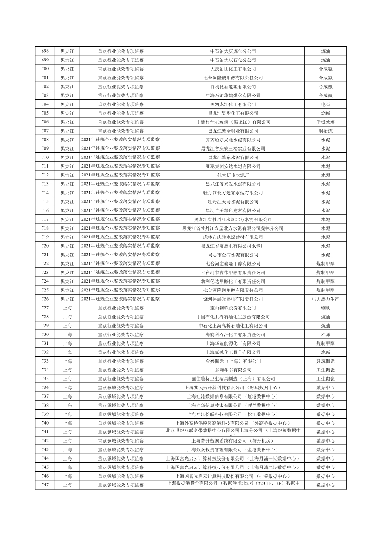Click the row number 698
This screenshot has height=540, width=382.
(x=45, y=51)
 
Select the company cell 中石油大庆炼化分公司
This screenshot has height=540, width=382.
(x=233, y=51)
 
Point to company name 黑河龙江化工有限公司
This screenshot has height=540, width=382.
(x=233, y=104)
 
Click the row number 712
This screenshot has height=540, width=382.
(x=45, y=175)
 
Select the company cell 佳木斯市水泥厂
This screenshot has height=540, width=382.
(x=233, y=175)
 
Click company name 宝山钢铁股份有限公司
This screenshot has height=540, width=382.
(x=233, y=308)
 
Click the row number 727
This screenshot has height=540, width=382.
(x=45, y=308)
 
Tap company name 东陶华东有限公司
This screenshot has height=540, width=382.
(x=233, y=370)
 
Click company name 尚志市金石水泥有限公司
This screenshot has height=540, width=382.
(x=233, y=255)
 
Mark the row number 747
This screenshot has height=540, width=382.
(x=45, y=485)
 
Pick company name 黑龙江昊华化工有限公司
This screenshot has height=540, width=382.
(x=233, y=113)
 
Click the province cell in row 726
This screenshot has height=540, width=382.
(x=67, y=299)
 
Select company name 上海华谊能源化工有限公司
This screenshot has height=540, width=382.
(x=233, y=343)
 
